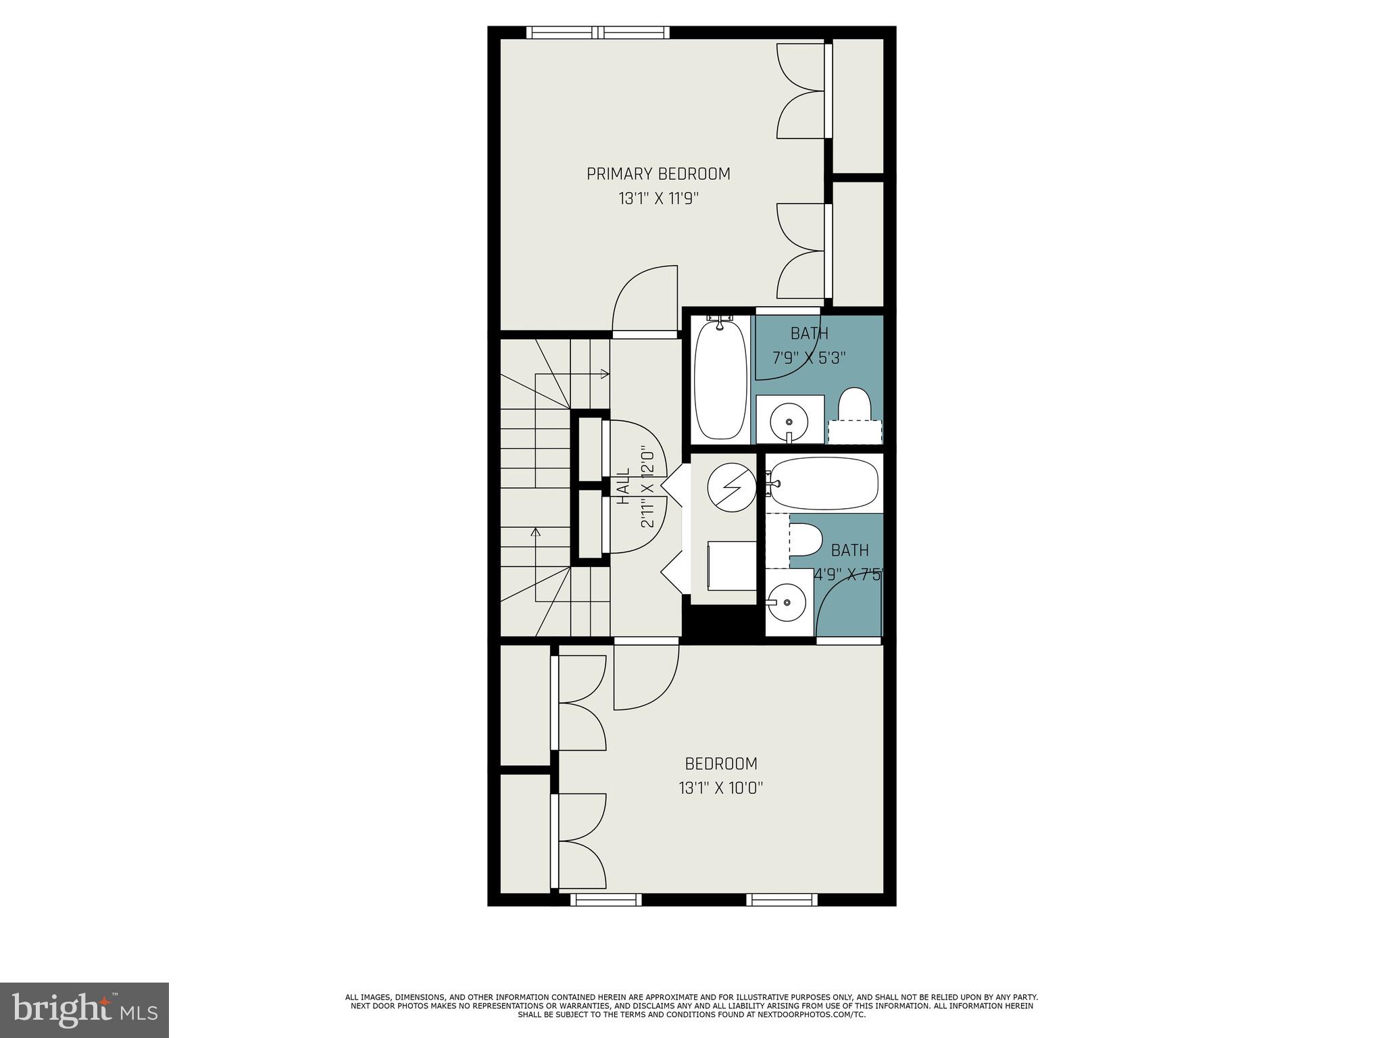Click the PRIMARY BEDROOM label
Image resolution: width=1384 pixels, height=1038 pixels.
658,174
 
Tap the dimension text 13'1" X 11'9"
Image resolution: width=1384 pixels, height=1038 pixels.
658,199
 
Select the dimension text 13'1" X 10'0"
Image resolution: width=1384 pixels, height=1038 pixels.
721,788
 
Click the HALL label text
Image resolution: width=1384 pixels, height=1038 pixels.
623,486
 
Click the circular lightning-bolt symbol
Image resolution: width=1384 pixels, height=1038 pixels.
732,488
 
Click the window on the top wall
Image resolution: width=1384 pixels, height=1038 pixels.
598,32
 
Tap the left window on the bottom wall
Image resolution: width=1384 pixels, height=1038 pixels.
605,899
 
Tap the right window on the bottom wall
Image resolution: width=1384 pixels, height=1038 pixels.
782,899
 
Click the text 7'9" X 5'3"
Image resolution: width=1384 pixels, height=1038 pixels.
809,357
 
